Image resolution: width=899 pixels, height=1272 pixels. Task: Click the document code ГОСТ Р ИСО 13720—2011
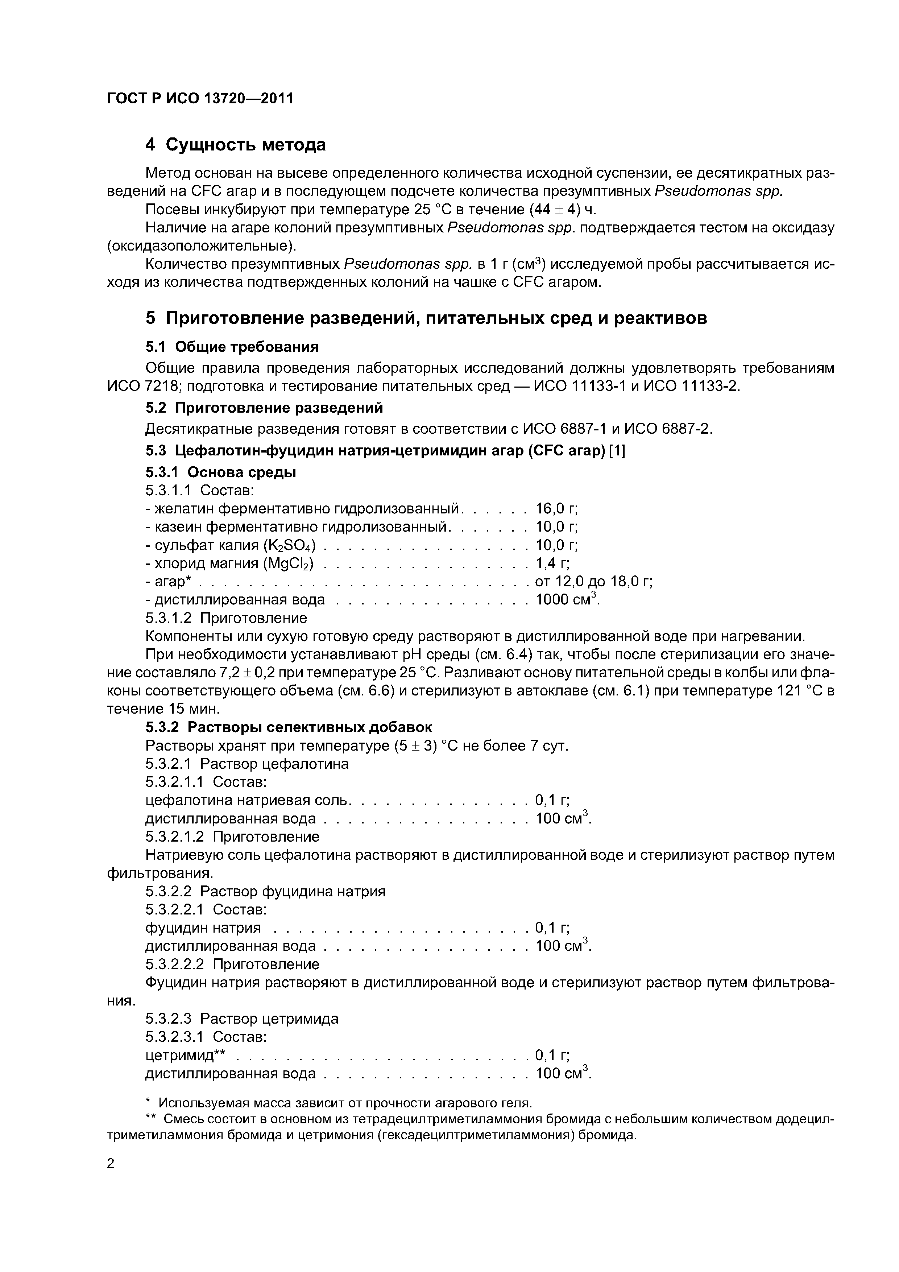pos(199,99)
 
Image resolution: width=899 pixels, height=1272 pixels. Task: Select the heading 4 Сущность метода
pos(235,145)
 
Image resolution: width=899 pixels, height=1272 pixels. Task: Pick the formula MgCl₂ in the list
pos(290,564)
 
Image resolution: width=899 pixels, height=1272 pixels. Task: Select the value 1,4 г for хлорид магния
pos(552,564)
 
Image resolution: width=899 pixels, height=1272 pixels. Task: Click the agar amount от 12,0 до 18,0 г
pos(594,582)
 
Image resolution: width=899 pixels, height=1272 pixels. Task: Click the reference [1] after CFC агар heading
pos(617,451)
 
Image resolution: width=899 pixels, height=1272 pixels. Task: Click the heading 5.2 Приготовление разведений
pos(264,408)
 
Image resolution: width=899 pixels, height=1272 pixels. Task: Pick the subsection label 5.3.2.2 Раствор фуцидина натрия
pos(265,891)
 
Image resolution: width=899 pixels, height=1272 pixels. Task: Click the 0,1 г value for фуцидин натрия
pos(552,928)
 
